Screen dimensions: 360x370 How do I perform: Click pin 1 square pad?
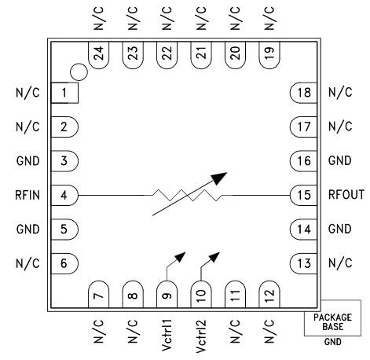[64, 92]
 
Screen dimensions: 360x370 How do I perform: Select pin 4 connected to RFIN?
[64, 193]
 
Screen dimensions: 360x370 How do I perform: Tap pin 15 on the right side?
[303, 193]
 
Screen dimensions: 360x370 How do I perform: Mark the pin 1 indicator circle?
[77, 72]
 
